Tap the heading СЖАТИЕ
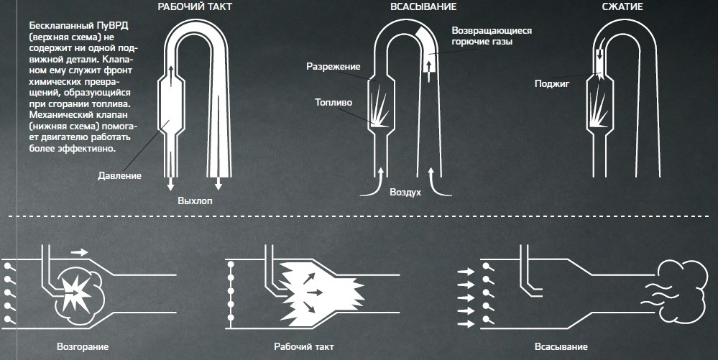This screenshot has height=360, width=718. tap(622, 6)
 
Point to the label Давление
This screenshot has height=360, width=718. tap(120, 175)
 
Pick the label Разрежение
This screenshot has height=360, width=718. tap(333, 67)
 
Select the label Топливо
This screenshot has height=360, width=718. tap(333, 103)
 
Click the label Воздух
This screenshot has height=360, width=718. tap(405, 193)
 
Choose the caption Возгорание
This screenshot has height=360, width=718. tap(83, 347)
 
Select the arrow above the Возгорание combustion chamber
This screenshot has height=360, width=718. tap(80, 252)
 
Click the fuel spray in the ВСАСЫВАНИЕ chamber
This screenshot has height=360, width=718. tap(379, 108)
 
